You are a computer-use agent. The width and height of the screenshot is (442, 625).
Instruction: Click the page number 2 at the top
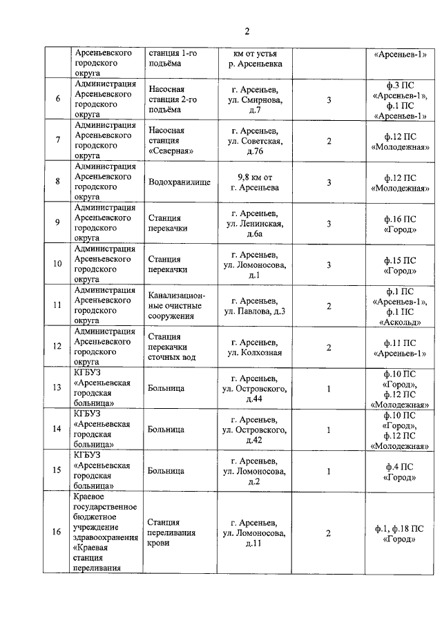click(246, 31)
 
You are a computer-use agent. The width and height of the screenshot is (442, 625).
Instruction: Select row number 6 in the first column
click(57, 99)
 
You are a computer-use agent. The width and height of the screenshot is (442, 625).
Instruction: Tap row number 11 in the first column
click(57, 305)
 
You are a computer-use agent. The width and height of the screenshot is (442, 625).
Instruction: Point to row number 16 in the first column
click(57, 532)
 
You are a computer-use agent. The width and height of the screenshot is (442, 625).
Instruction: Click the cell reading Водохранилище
click(176, 182)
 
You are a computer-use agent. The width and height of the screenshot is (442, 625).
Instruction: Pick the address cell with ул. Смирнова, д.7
click(254, 99)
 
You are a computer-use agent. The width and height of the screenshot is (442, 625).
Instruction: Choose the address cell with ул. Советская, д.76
click(254, 141)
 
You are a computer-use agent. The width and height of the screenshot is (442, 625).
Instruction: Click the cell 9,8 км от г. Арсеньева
click(254, 182)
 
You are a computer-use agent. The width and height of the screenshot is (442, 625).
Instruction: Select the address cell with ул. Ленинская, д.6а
click(254, 223)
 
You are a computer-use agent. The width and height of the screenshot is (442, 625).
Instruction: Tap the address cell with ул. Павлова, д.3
click(254, 305)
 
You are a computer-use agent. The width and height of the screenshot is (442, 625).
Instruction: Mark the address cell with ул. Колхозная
click(254, 347)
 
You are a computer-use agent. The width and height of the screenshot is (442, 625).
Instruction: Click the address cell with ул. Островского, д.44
click(254, 388)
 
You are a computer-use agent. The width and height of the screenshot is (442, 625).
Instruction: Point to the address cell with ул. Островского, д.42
click(254, 429)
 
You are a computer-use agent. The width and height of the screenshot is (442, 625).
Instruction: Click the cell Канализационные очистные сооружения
click(176, 305)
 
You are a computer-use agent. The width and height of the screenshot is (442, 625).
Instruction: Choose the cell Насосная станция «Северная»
click(171, 141)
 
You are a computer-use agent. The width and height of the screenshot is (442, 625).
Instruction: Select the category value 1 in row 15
click(329, 470)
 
